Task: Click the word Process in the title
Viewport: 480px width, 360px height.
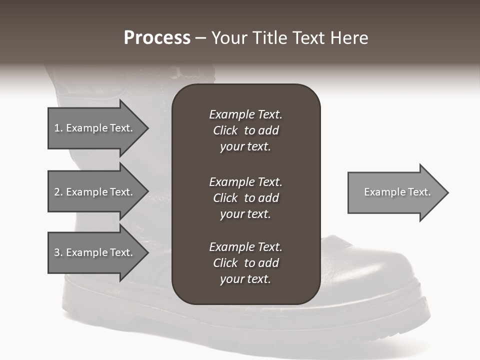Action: click(156, 38)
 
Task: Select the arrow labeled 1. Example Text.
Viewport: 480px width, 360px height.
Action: click(95, 128)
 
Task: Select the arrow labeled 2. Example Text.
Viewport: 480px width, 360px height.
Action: click(95, 192)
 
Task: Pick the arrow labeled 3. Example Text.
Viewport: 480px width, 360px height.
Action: click(95, 252)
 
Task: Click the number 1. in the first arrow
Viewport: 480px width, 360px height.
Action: click(58, 128)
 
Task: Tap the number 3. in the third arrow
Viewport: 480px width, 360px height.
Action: click(58, 253)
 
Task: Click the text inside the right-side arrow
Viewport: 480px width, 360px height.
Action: click(397, 192)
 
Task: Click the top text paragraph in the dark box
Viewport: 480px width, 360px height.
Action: click(245, 130)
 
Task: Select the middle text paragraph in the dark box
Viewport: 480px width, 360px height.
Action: click(245, 197)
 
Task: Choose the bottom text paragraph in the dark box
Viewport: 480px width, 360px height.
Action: click(245, 263)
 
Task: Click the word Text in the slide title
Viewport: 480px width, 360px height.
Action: click(309, 38)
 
